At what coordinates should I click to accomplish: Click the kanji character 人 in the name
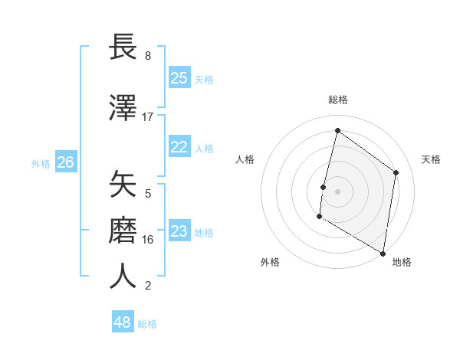point(123,277)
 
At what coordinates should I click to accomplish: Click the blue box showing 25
point(179,77)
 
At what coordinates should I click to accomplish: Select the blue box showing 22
point(179,147)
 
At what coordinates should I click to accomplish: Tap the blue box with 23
point(179,231)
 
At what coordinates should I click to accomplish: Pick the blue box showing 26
point(65,162)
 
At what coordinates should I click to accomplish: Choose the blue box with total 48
point(122,322)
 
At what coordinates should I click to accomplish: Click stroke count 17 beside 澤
point(148,117)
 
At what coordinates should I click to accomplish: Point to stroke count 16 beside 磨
point(148,240)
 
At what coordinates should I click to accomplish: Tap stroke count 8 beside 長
point(148,56)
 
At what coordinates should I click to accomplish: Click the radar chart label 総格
point(338,100)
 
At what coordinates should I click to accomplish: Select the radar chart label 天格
point(431,159)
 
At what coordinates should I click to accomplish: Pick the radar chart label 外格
point(270,262)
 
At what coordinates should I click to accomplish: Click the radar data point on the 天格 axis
point(396,172)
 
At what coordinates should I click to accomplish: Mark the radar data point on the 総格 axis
point(337,131)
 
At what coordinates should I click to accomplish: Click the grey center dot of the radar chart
point(337,191)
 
